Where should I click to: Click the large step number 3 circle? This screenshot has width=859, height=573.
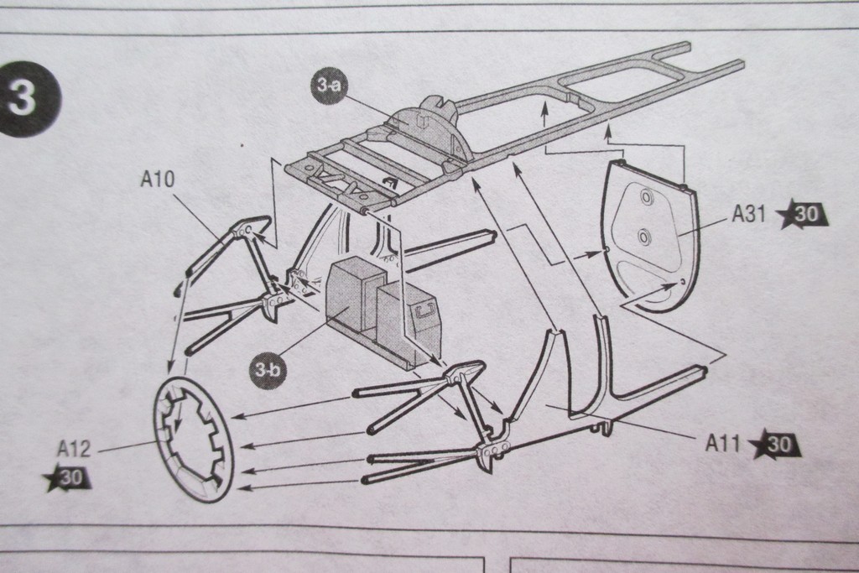pos(29,99)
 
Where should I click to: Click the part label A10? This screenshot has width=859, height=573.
pos(157,179)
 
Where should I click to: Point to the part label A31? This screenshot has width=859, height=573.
pos(750,215)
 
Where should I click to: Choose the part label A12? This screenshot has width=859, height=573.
pos(73,450)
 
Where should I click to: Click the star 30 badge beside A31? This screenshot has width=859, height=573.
pos(803,215)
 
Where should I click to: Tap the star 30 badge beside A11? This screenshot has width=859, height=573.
pos(775,445)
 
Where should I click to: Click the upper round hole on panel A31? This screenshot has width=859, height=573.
pos(646,198)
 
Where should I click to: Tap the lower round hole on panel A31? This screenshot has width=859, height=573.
pos(643,237)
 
